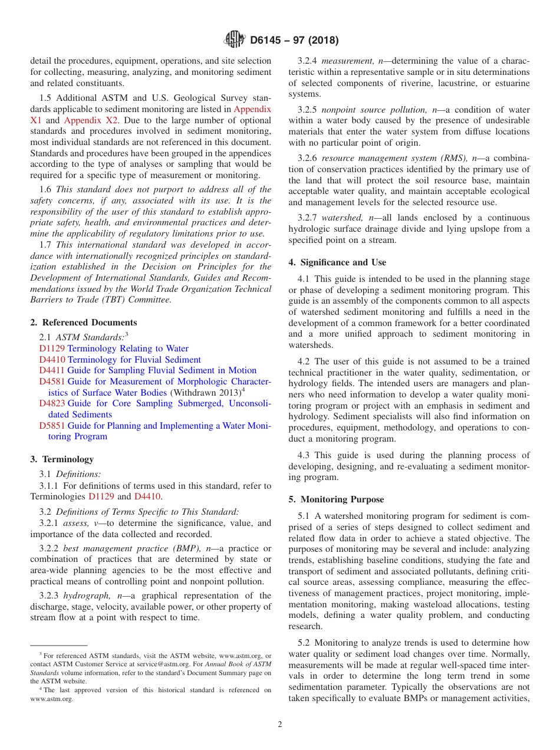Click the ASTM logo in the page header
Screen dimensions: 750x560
[235, 41]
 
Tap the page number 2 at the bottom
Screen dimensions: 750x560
[280, 725]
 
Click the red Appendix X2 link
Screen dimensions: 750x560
[91, 120]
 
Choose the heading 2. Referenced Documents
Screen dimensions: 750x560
[84, 323]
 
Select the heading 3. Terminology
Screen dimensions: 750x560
[62, 459]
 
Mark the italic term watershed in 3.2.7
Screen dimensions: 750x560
[340, 218]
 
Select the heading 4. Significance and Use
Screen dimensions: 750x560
[337, 262]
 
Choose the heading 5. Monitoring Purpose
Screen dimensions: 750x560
[336, 499]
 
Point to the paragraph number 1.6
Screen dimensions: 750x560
[45, 189]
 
